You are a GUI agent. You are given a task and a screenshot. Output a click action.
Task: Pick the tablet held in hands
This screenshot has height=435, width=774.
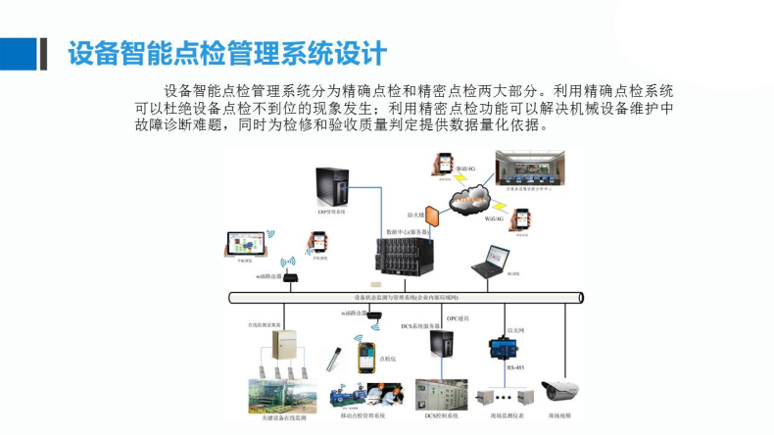click(x=241, y=245)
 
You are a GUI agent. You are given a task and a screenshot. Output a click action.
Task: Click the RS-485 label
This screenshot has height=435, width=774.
click(x=514, y=367)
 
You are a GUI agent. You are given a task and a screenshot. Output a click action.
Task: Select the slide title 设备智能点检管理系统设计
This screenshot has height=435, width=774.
click(x=227, y=53)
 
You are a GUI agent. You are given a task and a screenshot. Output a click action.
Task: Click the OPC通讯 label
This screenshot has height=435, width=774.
click(x=459, y=318)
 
